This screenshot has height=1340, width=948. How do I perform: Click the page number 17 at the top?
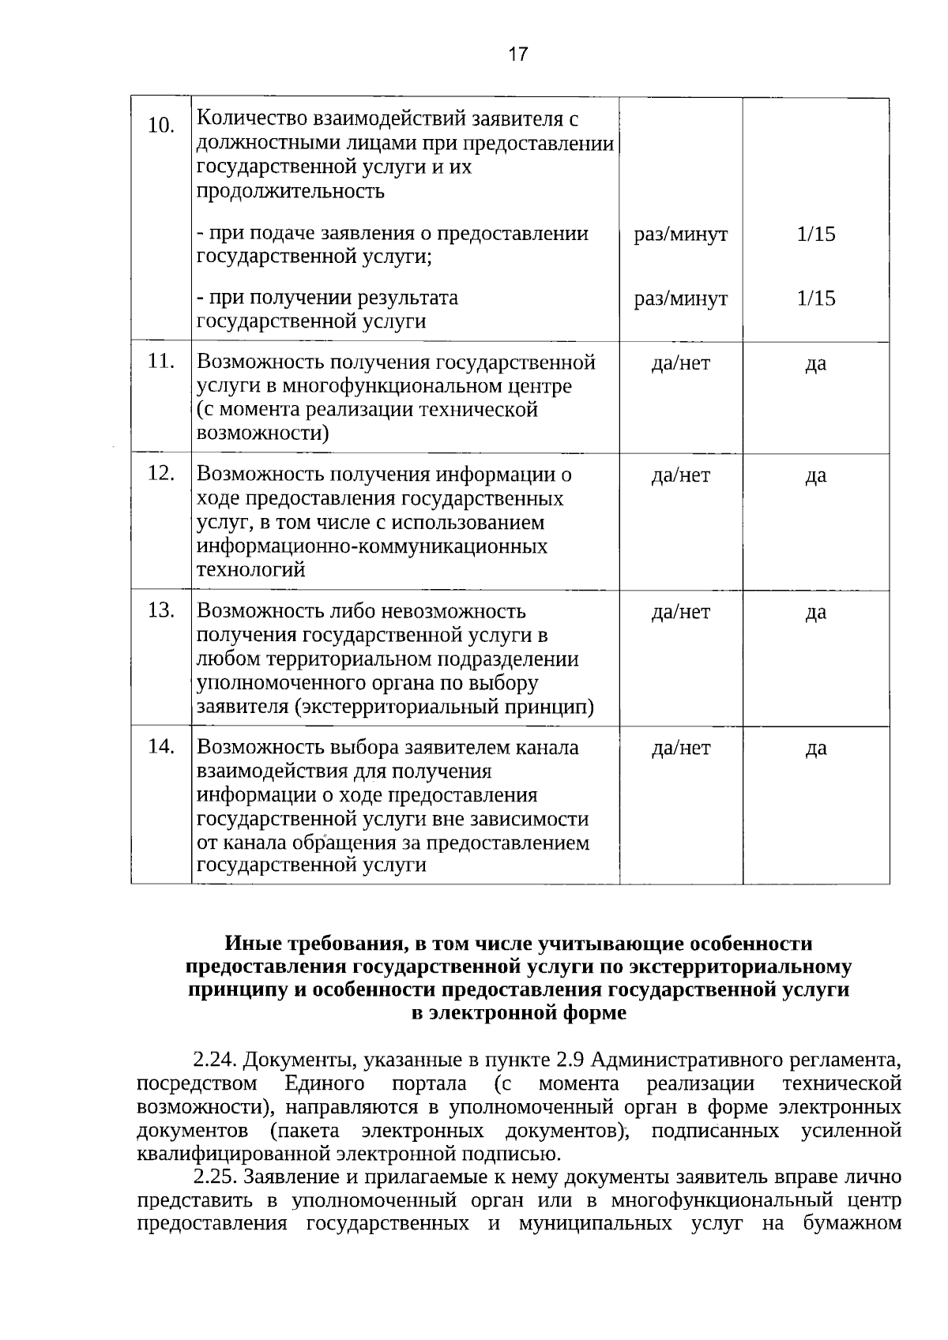coord(518,54)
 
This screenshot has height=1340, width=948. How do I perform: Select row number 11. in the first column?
coord(161,362)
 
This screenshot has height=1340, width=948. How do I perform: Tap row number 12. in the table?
coord(161,473)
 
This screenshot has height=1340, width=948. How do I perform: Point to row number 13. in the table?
coord(161,610)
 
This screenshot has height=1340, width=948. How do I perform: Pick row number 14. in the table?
coord(161,746)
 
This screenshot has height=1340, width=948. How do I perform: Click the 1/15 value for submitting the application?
coord(816,235)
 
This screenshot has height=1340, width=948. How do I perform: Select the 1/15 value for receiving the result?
coord(816,298)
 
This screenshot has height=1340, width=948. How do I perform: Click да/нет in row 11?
coord(680,363)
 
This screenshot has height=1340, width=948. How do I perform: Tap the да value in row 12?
coord(816,475)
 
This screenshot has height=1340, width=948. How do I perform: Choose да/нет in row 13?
coord(680,612)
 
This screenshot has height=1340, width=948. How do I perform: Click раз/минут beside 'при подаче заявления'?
coord(680,235)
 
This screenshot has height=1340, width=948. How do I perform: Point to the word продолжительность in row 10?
coord(290,191)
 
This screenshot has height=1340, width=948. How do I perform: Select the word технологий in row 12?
coord(250,570)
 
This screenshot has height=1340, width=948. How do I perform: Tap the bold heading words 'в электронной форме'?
coord(518,1013)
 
